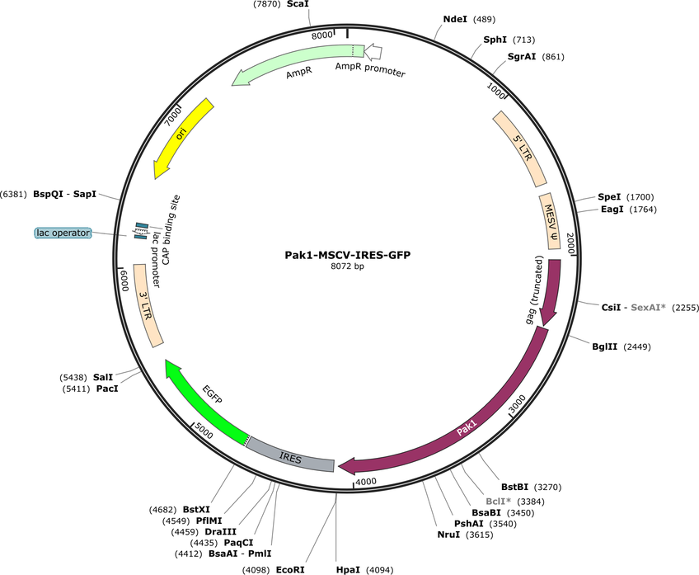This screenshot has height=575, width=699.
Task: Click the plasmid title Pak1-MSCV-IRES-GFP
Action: (x=348, y=255)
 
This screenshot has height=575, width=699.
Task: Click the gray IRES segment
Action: (x=291, y=457)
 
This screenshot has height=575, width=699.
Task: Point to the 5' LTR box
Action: (x=519, y=149)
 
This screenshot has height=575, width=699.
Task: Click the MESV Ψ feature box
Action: (x=550, y=221)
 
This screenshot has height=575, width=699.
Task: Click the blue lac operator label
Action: (x=63, y=233)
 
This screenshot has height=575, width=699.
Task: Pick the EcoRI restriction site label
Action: (x=290, y=570)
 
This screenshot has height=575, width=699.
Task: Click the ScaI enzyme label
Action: (x=298, y=4)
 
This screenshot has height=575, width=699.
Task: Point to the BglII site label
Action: (x=604, y=346)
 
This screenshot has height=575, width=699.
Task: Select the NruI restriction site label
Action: (x=448, y=535)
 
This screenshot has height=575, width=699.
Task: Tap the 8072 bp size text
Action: (x=347, y=266)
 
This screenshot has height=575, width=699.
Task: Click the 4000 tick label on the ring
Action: (x=366, y=482)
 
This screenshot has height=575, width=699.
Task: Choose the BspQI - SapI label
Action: (x=64, y=195)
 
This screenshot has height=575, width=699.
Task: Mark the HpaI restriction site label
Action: (x=348, y=570)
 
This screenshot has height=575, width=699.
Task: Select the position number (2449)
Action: (x=636, y=346)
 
